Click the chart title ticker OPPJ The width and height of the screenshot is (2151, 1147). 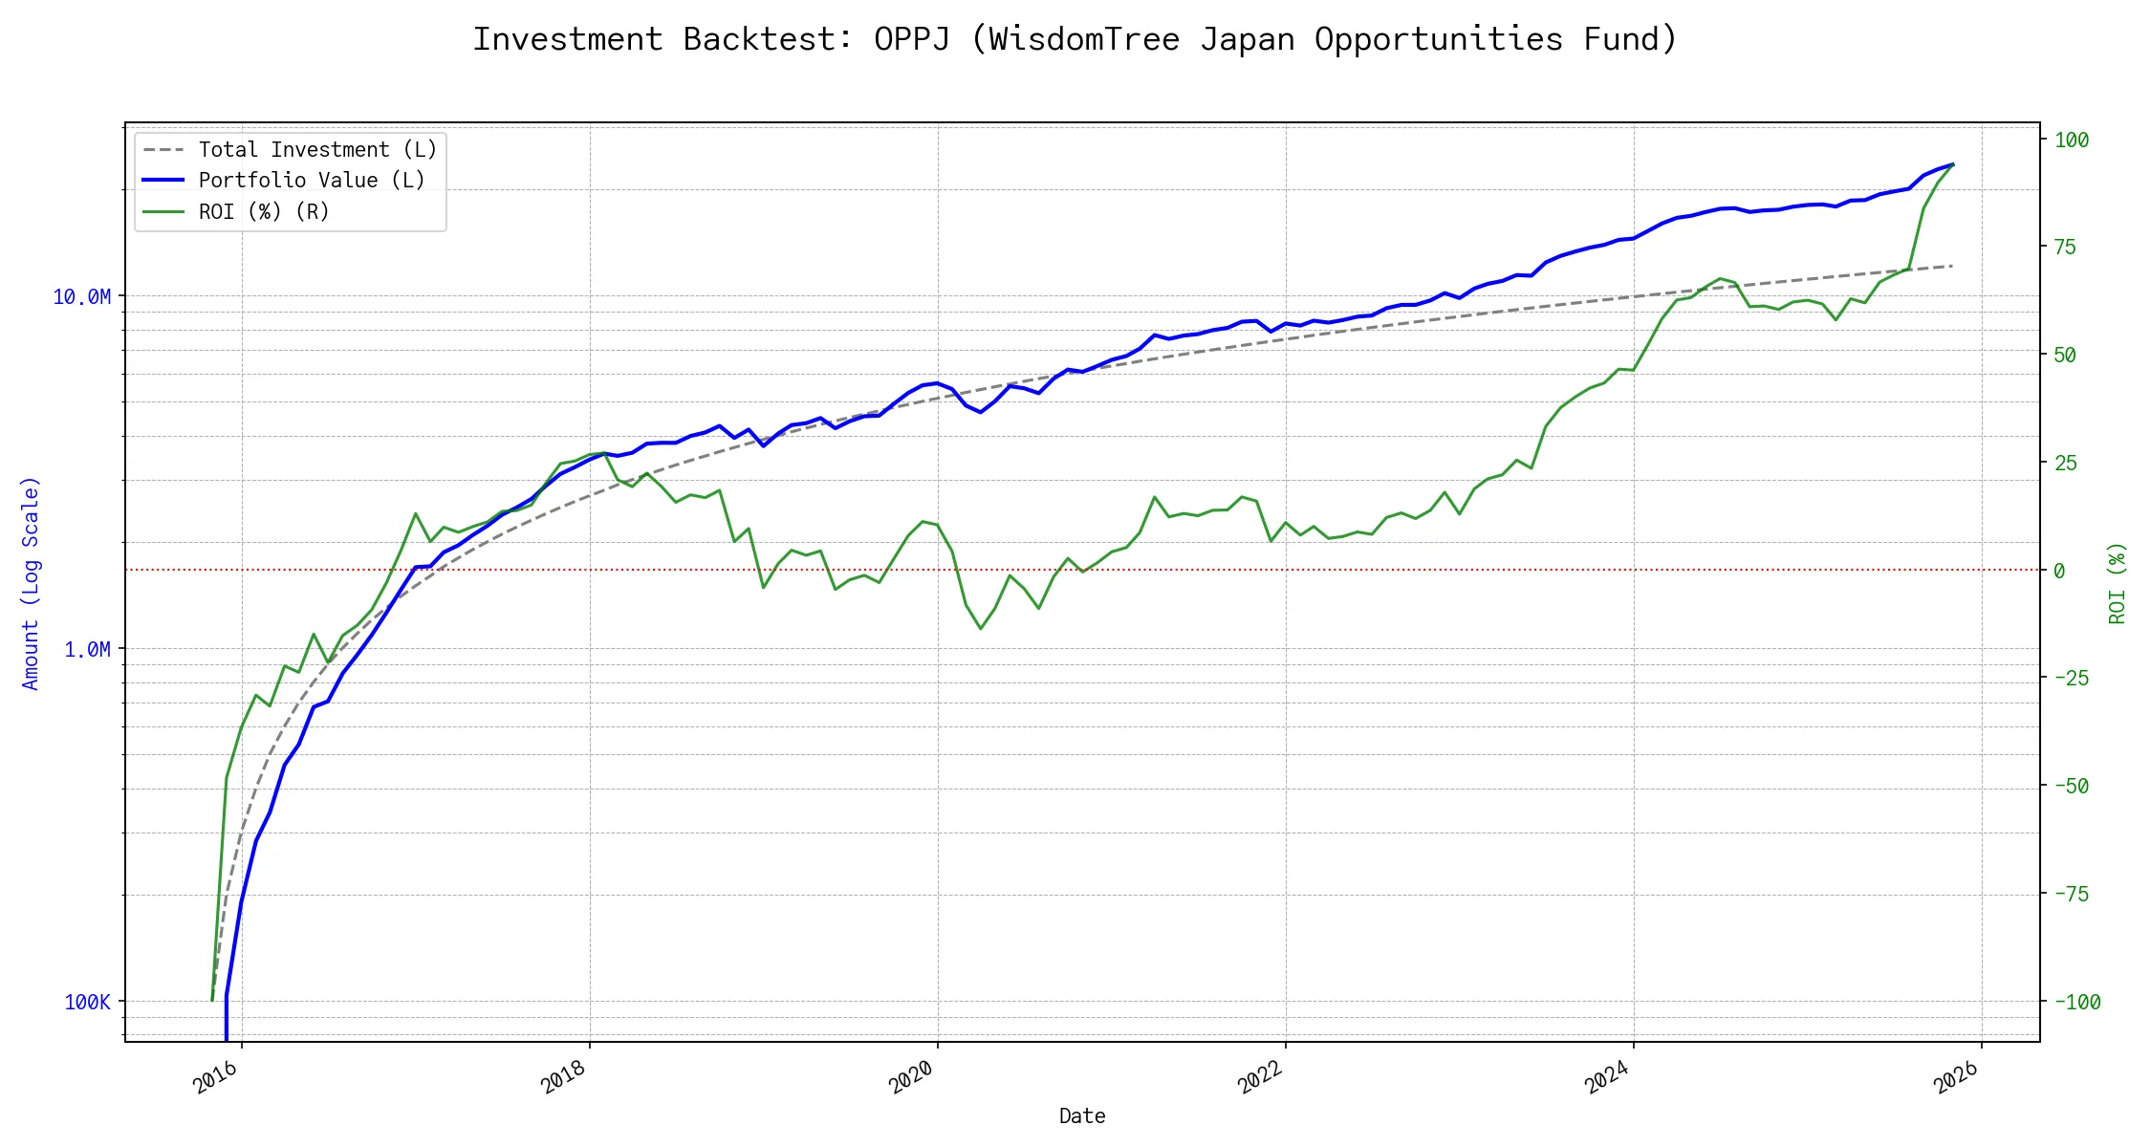[x=911, y=39]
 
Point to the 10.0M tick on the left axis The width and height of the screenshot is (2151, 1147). [x=82, y=296]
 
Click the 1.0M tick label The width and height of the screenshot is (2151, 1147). [x=88, y=649]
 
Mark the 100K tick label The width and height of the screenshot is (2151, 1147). [x=88, y=1002]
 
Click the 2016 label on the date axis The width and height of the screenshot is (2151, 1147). [x=216, y=1077]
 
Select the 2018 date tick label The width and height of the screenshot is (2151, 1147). [x=564, y=1077]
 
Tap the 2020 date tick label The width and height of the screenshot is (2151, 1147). [x=912, y=1077]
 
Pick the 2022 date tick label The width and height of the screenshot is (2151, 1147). [x=1260, y=1077]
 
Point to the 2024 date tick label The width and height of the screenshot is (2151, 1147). [x=1608, y=1077]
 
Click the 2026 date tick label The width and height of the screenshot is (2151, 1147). [x=1956, y=1077]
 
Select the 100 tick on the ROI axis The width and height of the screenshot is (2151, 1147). [x=2072, y=140]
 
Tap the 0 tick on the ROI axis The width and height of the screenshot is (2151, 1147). [x=2059, y=571]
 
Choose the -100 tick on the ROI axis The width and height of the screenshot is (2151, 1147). [x=2077, y=1002]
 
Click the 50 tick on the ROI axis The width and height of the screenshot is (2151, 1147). [x=2065, y=355]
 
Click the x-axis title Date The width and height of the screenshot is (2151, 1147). [x=1082, y=1115]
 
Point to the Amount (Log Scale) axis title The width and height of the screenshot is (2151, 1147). [x=31, y=583]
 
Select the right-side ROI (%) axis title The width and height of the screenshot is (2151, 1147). [x=2117, y=583]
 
